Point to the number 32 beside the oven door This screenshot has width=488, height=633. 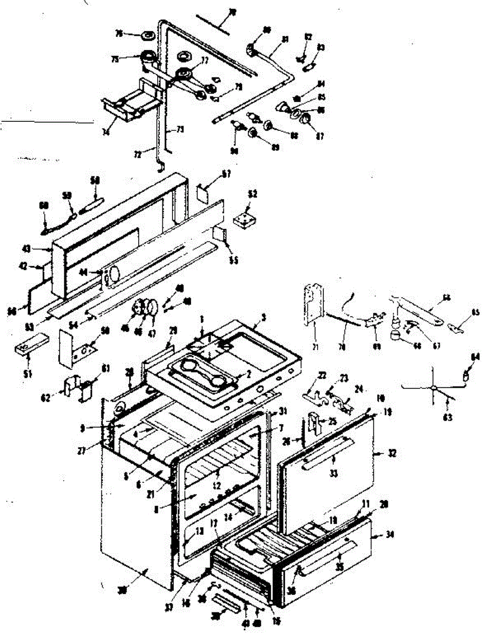point(391,453)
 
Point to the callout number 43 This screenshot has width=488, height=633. point(41,248)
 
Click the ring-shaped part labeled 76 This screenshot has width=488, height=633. point(147,37)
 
